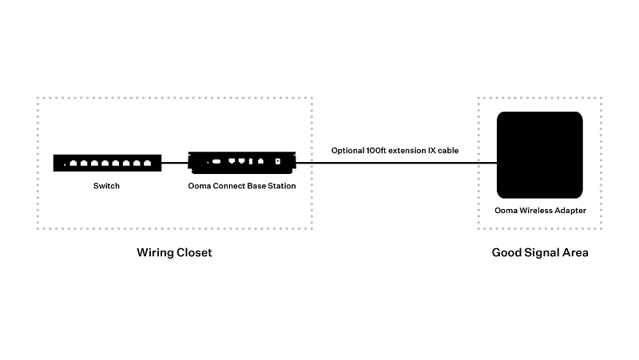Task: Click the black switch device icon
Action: (107, 163)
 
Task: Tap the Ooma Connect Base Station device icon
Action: (242, 163)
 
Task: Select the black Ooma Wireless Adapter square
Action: (539, 155)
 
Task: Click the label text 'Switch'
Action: (107, 186)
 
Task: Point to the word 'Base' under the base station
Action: (256, 186)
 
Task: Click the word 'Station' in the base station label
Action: (281, 186)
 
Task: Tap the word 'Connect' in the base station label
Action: (227, 186)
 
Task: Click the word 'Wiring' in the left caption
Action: (155, 253)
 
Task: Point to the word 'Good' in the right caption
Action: (506, 253)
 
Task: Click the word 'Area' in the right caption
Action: (575, 253)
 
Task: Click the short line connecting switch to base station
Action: (174, 163)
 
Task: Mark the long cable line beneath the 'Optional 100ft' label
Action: (395, 163)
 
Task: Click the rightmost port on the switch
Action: (147, 163)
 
